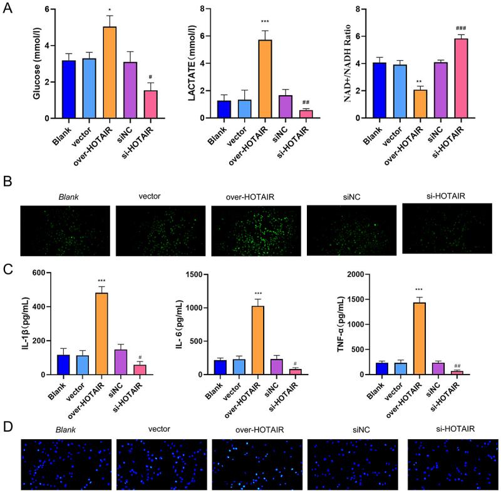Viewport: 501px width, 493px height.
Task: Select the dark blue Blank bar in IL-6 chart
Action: pos(220,365)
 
